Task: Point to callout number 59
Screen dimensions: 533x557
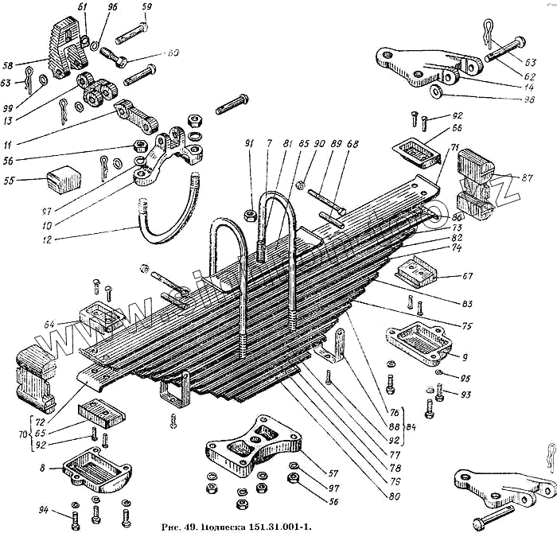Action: click(146, 6)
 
